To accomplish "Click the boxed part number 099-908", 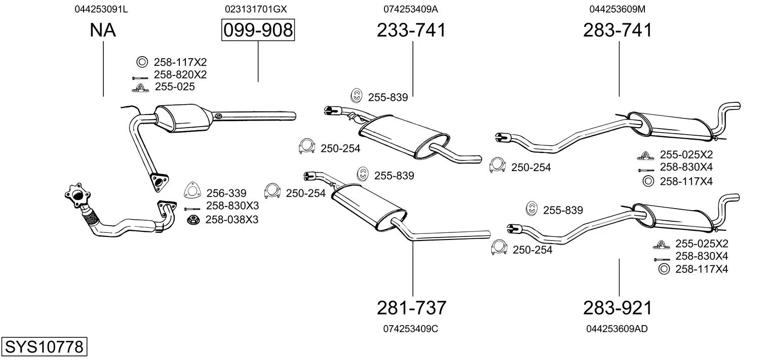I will coord(258,30).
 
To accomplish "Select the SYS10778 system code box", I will coord(44,347).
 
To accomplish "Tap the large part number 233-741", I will coord(411,30).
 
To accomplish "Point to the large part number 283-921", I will coord(617,307).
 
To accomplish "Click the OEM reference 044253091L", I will coord(101,9).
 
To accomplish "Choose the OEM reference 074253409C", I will coord(411,329).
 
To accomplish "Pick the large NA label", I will coord(103,30).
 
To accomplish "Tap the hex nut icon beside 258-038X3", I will coord(192,220).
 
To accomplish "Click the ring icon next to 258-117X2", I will coord(142,62).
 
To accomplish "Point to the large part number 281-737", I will coord(411,307).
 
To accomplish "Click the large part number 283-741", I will coord(617,30).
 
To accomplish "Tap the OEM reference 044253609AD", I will coord(617,329).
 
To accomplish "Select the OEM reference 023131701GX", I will coord(256,9).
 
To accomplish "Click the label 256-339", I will coord(226,193).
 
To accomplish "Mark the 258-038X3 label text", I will coord(232,220).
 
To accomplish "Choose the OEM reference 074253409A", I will coord(411,9).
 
